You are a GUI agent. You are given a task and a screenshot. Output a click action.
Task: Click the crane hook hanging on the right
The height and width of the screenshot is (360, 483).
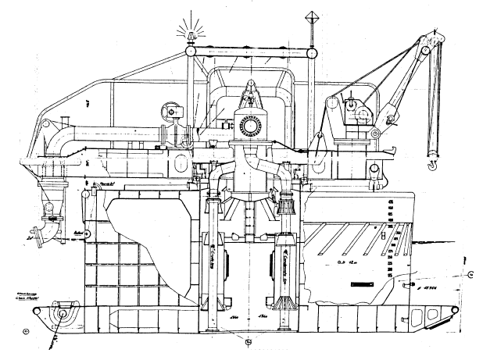pyautogui.click(x=431, y=164)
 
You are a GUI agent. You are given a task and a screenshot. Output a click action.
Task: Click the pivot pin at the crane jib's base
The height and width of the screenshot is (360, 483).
pyautogui.click(x=376, y=134)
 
